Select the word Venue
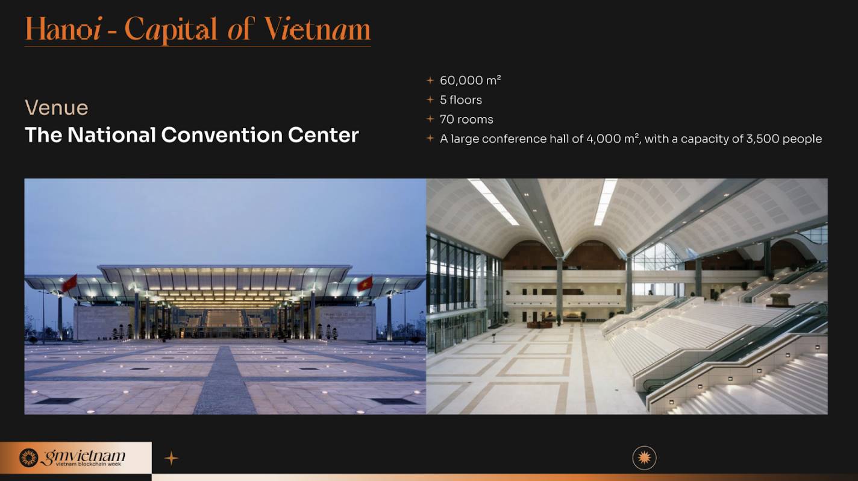[57, 108]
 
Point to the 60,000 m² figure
[470, 80]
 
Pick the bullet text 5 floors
[461, 100]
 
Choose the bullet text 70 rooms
[466, 119]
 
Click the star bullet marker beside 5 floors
[430, 100]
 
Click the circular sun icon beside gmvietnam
[28, 457]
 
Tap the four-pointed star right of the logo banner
[172, 459]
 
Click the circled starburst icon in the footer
[644, 458]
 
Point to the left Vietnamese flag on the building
[69, 283]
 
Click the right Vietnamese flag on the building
[364, 283]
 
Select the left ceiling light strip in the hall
[493, 203]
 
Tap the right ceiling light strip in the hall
[605, 202]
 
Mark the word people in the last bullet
[801, 139]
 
